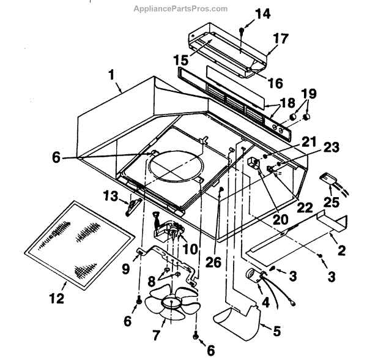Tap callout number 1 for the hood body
pos(111,75)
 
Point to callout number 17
pos(280,39)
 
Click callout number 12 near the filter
pos(57,299)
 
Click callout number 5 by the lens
pos(277,331)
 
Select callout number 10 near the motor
pos(190,249)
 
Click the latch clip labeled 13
pos(130,207)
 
